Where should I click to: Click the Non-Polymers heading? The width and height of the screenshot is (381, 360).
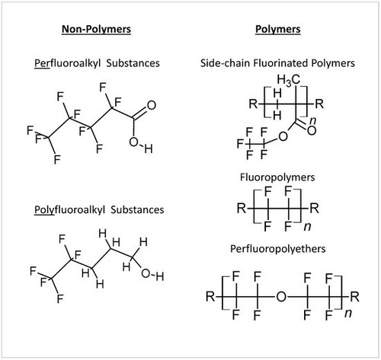click(96, 29)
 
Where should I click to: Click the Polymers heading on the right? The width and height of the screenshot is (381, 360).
click(278, 29)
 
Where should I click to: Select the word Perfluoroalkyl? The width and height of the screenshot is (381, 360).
click(68, 63)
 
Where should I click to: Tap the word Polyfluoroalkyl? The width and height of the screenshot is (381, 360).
click(69, 210)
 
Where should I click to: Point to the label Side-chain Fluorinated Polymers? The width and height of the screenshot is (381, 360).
click(277, 63)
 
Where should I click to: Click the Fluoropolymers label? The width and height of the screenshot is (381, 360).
click(277, 177)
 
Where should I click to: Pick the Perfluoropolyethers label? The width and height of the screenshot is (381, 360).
click(277, 249)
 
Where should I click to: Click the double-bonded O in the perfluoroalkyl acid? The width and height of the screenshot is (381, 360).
click(152, 105)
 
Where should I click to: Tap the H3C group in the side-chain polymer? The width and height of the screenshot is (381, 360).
click(289, 80)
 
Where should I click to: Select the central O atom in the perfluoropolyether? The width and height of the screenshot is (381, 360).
click(281, 296)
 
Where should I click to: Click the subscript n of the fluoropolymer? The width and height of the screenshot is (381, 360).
click(308, 226)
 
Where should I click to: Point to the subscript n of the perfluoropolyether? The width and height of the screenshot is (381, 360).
click(348, 314)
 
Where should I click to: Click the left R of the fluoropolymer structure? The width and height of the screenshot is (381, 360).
click(242, 209)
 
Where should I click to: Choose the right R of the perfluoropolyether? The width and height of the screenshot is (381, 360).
click(354, 296)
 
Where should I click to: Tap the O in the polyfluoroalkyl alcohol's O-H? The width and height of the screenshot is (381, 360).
click(146, 273)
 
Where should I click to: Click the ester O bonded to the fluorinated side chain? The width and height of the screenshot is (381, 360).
click(283, 136)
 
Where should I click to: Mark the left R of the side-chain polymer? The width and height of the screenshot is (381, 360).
click(253, 104)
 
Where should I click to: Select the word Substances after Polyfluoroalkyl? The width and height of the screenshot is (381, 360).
click(137, 210)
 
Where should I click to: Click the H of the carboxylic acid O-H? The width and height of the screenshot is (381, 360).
click(149, 148)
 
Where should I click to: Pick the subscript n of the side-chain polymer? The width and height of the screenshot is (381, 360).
click(313, 121)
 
